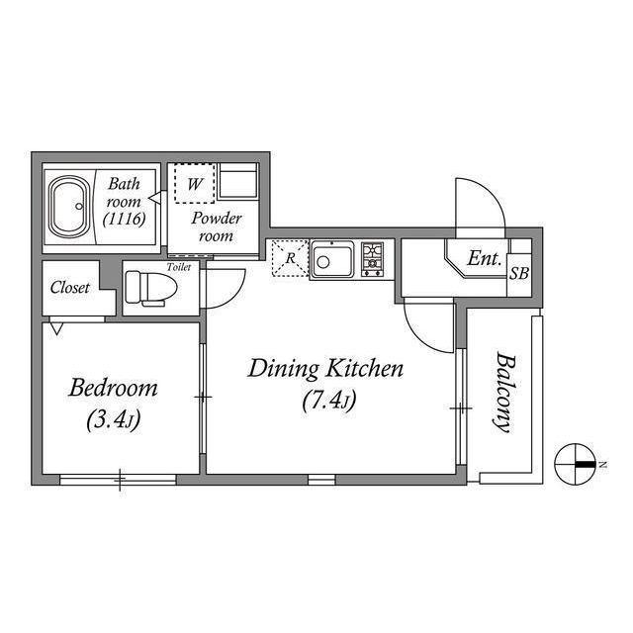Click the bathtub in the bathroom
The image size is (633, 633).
[x=68, y=207]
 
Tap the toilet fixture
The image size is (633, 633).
[x=151, y=288]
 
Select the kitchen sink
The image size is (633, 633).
[x=332, y=259]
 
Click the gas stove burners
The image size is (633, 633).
[x=372, y=259]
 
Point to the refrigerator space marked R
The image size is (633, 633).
[x=290, y=258]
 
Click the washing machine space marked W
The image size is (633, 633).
[x=194, y=184]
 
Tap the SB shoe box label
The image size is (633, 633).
[x=518, y=274]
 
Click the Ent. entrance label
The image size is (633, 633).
[x=484, y=258]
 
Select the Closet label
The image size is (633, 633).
[x=70, y=288]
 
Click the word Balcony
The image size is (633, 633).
[x=505, y=393]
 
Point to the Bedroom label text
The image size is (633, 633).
[x=113, y=388]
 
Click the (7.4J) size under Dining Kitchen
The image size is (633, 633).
[x=328, y=401]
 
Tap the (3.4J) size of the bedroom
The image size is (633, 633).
[x=114, y=419]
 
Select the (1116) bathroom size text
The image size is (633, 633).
[x=124, y=220]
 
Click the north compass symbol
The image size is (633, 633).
[x=576, y=464]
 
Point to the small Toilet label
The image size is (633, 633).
[x=179, y=267]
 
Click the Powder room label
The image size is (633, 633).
[x=217, y=226]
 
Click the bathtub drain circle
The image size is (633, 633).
[x=79, y=207]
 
